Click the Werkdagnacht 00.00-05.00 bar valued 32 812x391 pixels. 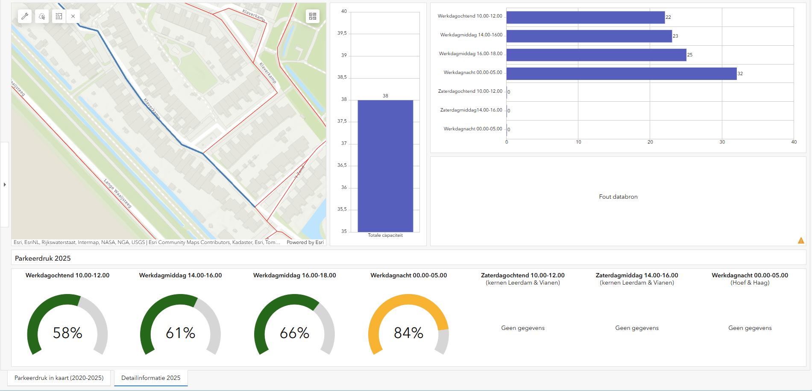click(621, 73)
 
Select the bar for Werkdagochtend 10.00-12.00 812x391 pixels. click(586, 17)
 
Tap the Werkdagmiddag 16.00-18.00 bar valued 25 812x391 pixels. click(596, 55)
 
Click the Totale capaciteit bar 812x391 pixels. click(385, 166)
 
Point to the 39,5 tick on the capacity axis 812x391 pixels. click(342, 33)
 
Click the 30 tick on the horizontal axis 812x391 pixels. click(722, 142)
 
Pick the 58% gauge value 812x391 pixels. click(67, 333)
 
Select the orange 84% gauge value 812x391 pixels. click(408, 333)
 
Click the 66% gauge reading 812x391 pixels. click(294, 333)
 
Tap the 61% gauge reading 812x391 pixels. click(180, 333)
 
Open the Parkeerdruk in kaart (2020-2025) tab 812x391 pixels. click(59, 378)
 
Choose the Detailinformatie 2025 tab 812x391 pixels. click(151, 378)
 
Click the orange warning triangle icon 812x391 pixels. click(801, 241)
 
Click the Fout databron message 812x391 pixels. click(618, 197)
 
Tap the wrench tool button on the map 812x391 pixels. click(25, 16)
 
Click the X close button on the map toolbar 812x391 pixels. click(73, 16)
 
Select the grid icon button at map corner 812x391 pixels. click(313, 16)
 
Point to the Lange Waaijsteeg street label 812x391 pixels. click(117, 194)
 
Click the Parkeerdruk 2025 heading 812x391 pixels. click(43, 259)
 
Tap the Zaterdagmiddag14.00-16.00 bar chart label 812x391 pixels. click(471, 110)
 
